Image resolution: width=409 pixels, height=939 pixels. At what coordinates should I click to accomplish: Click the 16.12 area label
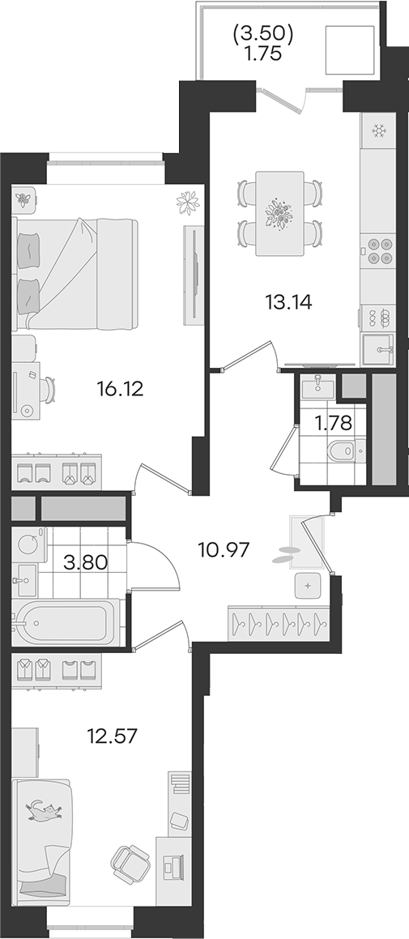pos(121,390)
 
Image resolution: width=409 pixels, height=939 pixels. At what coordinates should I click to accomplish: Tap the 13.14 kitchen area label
pos(288,303)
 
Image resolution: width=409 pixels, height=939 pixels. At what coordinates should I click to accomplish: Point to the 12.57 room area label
pos(113,736)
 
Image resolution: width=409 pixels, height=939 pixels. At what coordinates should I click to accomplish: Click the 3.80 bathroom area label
pos(87,562)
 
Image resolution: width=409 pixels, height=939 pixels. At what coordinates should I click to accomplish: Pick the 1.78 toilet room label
pos(333,424)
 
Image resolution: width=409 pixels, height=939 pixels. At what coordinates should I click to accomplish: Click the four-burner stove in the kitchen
pos(378,250)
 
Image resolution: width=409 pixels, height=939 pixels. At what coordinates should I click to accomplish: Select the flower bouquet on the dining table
pos(279,212)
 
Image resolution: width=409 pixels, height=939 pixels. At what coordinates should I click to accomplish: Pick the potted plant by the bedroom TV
pos(187,203)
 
